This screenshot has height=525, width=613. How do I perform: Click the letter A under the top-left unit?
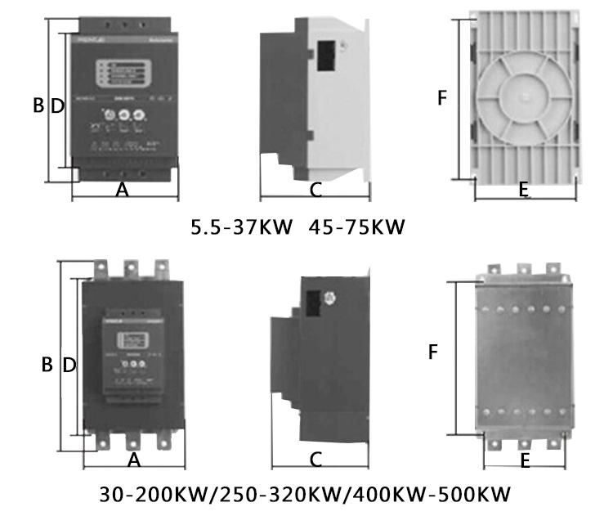tap(123, 190)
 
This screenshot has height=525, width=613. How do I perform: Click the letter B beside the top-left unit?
tap(38, 105)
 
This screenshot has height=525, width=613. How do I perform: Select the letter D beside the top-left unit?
tap(56, 105)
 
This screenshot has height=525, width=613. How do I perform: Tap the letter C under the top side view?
tap(315, 190)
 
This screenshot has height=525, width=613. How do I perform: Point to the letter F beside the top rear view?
tap(442, 98)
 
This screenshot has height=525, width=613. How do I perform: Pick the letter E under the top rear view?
tap(525, 190)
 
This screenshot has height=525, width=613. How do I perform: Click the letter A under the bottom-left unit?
tap(135, 460)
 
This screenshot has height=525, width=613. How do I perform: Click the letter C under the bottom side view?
tap(315, 460)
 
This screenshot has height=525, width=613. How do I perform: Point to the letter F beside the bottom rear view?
tap(434, 352)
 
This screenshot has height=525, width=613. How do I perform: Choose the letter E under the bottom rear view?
tap(525, 460)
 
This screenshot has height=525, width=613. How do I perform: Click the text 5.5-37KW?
tap(242, 226)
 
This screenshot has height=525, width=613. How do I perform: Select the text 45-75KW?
tap(357, 226)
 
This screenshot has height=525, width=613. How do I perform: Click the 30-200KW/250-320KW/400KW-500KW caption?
tap(305, 496)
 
